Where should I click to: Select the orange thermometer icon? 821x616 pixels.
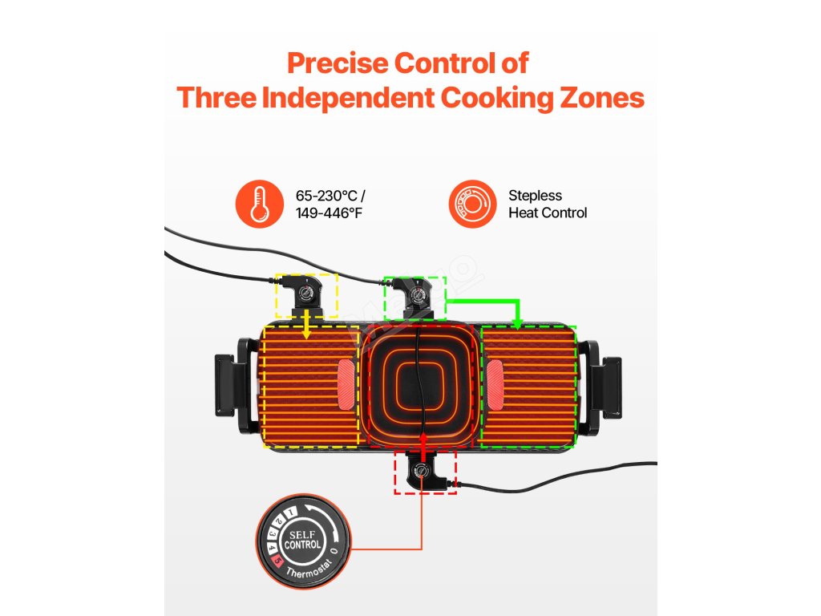(x=258, y=204)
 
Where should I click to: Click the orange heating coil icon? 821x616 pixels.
(x=471, y=204)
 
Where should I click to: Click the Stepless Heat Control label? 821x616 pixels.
(x=548, y=204)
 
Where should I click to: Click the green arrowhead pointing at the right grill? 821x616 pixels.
(x=518, y=323)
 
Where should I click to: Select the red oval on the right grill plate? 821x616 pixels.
(x=493, y=383)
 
